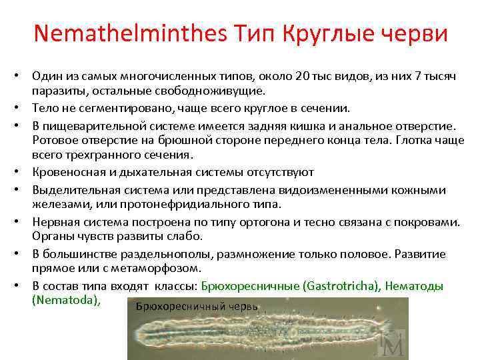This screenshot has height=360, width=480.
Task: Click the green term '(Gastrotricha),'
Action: pyautogui.click(x=340, y=285)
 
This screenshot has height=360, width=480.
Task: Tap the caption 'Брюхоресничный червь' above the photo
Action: pyautogui.click(x=196, y=306)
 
